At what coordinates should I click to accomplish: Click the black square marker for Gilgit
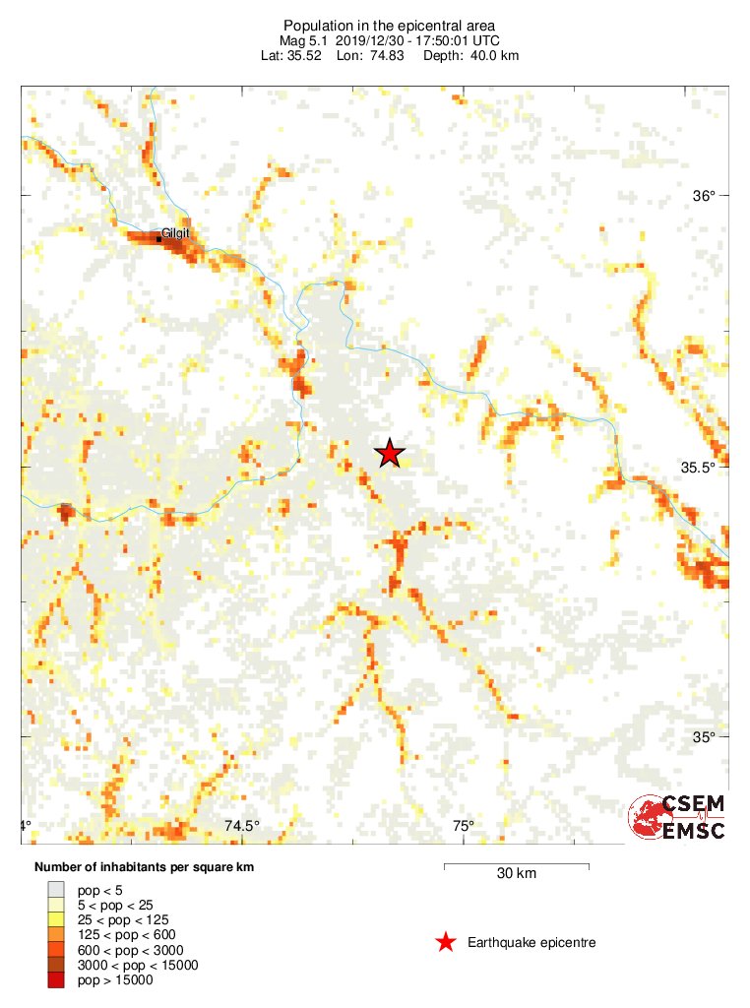pos(159,238)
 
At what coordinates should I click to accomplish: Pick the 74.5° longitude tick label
pos(242,826)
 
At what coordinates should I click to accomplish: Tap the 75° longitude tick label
pos(464,826)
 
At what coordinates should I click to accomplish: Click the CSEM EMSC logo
pos(678,818)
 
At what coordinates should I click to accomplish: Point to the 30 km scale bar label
pos(517,873)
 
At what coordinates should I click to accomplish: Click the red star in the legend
pos(446,943)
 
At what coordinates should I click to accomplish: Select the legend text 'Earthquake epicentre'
pos(531,943)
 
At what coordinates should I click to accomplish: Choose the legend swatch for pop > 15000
pos(56,979)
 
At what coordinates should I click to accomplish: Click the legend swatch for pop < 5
pos(56,889)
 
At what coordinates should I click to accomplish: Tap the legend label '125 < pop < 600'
pos(120,934)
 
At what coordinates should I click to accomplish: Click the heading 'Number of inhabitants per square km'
pos(145,867)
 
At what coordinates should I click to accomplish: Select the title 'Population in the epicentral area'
pos(375,26)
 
